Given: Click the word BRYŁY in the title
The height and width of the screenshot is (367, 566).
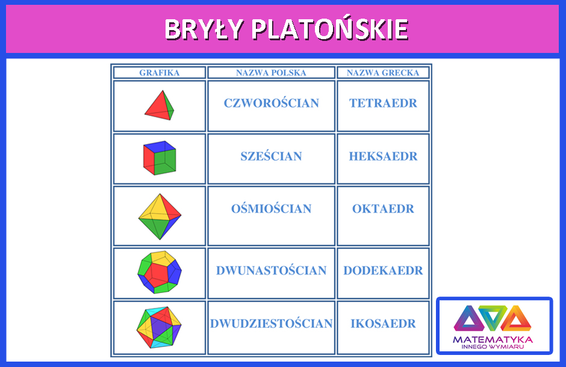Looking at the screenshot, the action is click(204, 29).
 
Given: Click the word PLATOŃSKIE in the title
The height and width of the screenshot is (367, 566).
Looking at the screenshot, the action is click(330, 28).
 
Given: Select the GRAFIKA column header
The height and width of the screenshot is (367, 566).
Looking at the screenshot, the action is click(159, 73).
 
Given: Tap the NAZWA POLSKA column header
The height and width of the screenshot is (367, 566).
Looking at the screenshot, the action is click(271, 73).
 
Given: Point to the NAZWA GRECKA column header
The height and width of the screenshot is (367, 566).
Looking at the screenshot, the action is click(383, 73).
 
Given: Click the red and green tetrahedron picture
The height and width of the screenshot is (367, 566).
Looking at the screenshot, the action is click(160, 105).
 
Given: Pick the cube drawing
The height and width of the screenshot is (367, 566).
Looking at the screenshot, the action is click(160, 158).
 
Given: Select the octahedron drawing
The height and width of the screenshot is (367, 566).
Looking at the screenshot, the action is click(160, 217).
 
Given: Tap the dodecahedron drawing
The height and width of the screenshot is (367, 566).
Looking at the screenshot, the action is click(160, 272).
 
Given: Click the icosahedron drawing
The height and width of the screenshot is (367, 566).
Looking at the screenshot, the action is click(159, 327).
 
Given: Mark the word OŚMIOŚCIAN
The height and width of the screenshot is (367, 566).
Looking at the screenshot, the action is click(272, 209).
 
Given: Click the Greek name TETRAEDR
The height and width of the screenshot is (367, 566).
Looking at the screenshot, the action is click(383, 103).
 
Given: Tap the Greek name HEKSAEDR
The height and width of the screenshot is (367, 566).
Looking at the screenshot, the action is click(383, 156).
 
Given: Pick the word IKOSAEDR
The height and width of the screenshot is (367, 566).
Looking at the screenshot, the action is click(383, 323).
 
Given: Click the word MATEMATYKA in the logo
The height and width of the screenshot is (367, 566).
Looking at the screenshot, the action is click(493, 339).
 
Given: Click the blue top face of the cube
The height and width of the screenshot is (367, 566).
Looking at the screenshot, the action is click(160, 146).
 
